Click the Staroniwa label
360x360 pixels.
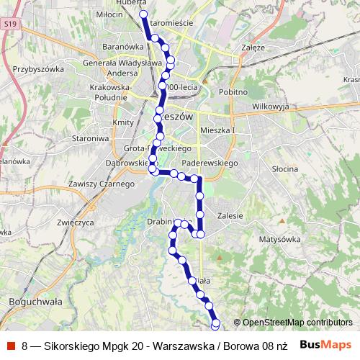click(90, 137)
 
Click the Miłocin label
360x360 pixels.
click(110, 14)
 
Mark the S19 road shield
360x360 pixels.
click(9, 24)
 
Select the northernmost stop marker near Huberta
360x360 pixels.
click(143, 14)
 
